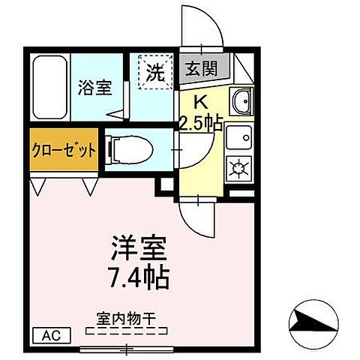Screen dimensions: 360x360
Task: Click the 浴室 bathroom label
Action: pos(94,88)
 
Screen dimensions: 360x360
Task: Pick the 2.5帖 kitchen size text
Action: pos(199,121)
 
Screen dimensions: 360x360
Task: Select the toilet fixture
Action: pos(131,149)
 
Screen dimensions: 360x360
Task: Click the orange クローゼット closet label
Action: pos(64,149)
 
